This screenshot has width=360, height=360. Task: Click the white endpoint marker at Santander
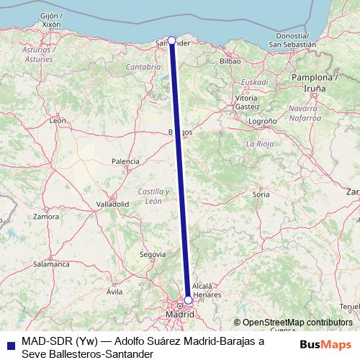(x=171, y=41)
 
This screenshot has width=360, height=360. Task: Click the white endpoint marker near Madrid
(x=188, y=300)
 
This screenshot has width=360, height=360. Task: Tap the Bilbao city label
(x=230, y=61)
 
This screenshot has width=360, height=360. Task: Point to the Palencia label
(x=125, y=161)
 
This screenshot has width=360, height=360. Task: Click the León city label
(x=58, y=121)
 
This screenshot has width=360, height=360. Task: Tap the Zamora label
(x=45, y=216)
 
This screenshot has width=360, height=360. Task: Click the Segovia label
(x=153, y=254)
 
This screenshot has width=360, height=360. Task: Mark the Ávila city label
(x=114, y=292)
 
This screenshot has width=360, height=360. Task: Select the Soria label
(x=261, y=194)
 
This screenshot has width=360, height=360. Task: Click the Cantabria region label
(x=143, y=66)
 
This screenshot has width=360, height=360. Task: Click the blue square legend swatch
(x=9, y=346)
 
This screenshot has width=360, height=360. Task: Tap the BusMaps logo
(x=326, y=345)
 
